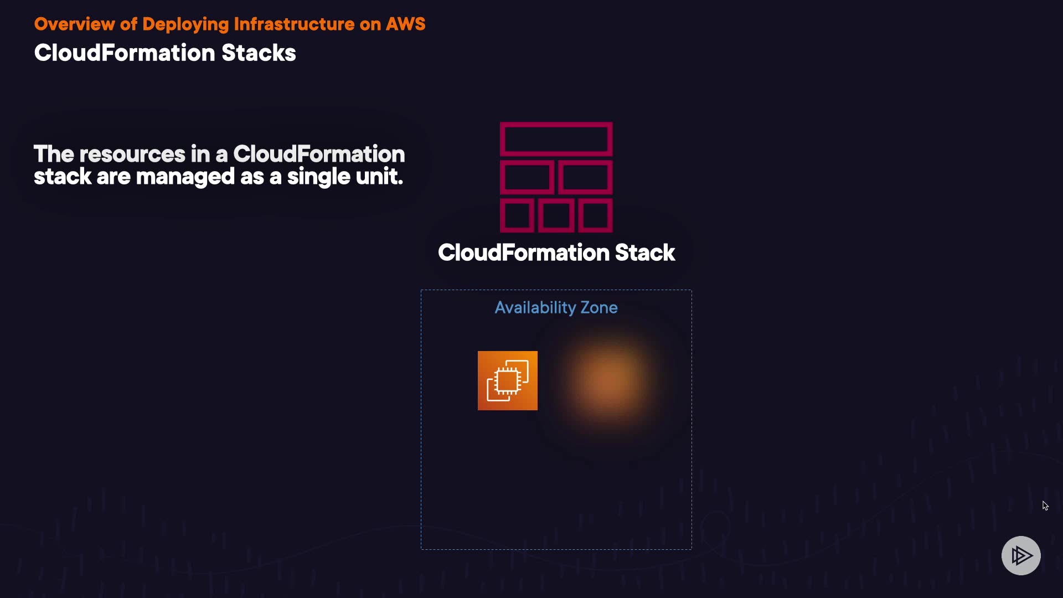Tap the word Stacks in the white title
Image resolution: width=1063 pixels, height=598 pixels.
259,53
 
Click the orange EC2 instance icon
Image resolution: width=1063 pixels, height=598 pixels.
507,380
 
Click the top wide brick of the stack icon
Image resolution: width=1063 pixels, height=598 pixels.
556,138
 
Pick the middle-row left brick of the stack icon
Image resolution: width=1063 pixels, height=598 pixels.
527,177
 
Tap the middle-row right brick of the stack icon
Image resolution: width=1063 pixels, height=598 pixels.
585,177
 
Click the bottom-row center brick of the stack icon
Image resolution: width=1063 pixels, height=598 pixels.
556,216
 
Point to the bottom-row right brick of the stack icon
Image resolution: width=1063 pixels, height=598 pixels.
595,216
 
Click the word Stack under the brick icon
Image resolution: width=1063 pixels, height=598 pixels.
644,253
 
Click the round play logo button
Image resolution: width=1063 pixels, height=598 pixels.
1021,555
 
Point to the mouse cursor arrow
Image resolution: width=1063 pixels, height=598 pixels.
1045,505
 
